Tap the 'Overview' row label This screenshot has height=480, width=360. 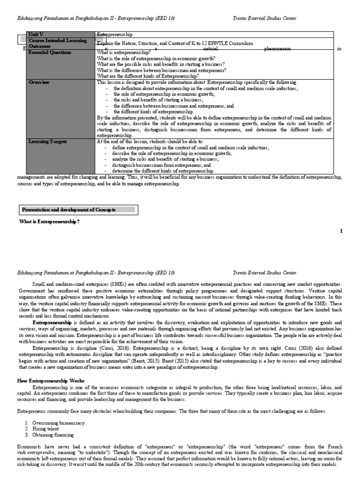[x=39, y=82]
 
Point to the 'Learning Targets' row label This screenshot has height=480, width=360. [x=47, y=141]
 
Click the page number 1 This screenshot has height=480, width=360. [x=341, y=231]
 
